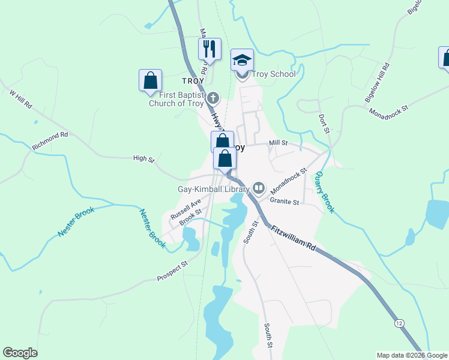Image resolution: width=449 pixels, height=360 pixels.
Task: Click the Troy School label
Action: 274,74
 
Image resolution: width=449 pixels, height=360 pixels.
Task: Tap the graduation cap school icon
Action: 243,60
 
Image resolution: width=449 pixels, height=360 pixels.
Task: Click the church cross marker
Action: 214,97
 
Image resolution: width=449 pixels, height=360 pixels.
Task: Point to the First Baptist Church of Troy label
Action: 176,98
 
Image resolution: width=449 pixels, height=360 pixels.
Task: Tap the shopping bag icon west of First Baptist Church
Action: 150,80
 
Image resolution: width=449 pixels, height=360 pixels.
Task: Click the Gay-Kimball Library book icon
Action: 259,188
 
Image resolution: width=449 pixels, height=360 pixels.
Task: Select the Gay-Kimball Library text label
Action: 213,189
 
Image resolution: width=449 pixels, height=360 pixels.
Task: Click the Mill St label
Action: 279,143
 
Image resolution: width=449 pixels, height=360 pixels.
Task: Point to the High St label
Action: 144,159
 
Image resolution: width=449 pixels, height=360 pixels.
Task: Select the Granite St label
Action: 285,202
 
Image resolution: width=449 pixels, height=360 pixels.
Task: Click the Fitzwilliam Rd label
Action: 293,238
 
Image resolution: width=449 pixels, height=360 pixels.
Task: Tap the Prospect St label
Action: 172,271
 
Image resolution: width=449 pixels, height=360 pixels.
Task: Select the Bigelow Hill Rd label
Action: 377,82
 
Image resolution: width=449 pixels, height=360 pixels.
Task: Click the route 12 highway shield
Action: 399,323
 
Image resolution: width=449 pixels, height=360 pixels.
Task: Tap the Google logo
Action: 20,353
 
